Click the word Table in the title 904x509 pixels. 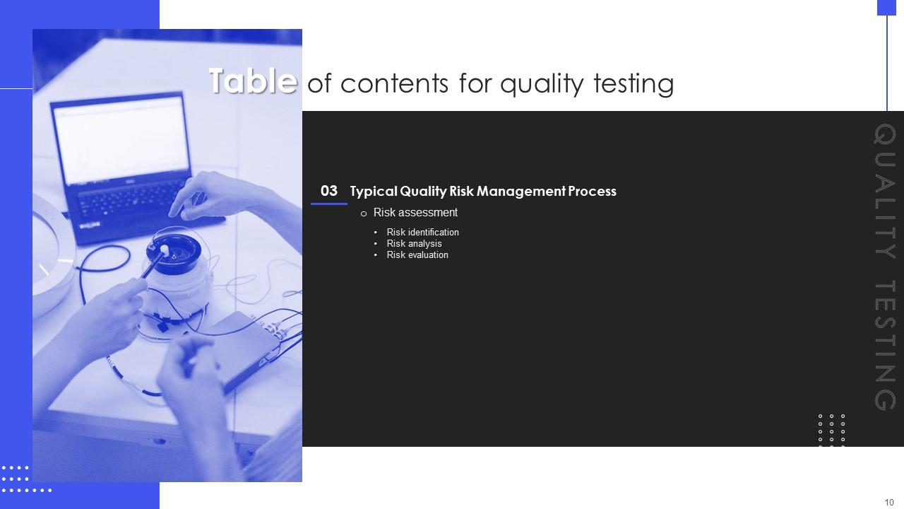[x=253, y=81]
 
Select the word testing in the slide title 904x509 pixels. [x=634, y=83]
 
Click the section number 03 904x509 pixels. [x=329, y=191]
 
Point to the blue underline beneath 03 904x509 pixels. [x=329, y=204]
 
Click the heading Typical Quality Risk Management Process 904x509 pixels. [x=483, y=191]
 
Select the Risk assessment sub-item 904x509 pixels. [x=415, y=213]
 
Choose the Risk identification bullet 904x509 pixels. [x=422, y=233]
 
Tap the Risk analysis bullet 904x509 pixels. [x=414, y=244]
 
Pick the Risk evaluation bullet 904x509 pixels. [x=417, y=255]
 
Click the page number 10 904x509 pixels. [x=889, y=502]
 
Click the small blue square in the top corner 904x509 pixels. [x=886, y=8]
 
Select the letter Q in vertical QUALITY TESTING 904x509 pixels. [x=885, y=134]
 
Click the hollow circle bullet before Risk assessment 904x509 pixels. [x=364, y=213]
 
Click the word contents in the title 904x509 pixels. [x=394, y=83]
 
